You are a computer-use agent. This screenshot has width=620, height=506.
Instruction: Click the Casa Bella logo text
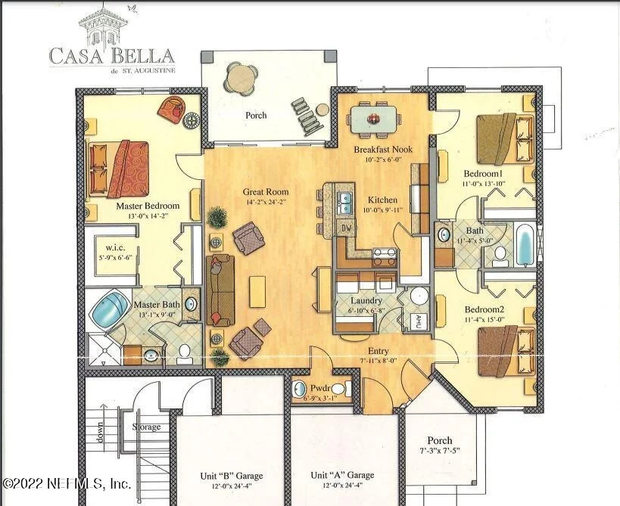coord(112,56)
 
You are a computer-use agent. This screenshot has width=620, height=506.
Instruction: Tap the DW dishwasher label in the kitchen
coord(347,228)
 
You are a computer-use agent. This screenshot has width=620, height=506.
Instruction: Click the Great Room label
coord(266,192)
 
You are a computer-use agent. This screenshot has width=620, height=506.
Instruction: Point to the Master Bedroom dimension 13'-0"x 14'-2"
coord(148,216)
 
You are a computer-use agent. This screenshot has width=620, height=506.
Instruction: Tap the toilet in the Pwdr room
coord(341,389)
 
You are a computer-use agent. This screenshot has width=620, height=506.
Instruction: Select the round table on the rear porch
coord(241,76)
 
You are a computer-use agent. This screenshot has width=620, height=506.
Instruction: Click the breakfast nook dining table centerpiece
coord(373,119)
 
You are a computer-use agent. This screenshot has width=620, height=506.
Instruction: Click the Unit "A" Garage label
coord(342,475)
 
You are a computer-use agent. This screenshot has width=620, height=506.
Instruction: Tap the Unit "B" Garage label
coord(232,476)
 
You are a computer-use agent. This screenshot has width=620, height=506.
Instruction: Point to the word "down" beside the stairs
coord(100,432)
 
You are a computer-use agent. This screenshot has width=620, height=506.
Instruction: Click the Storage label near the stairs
coord(146,427)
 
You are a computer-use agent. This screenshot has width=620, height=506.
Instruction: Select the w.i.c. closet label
coord(115,247)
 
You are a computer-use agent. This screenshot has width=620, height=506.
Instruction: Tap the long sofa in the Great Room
coord(220,290)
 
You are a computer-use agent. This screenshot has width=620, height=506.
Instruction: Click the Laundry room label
coord(366,300)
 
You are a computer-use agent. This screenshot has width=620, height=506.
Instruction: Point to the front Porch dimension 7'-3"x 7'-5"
coord(440,451)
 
